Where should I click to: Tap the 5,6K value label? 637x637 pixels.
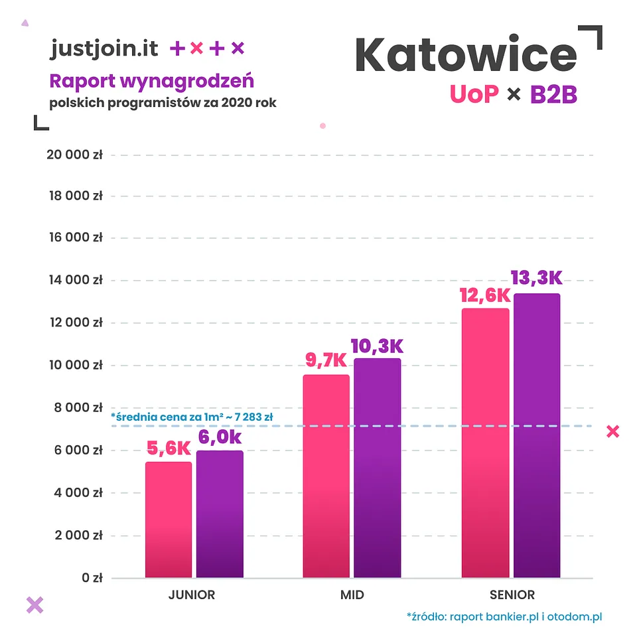[x=169, y=449]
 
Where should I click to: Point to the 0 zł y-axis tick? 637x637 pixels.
[x=92, y=578]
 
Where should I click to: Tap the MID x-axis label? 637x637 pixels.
[x=352, y=595]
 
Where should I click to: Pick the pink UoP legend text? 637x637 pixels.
[x=474, y=94]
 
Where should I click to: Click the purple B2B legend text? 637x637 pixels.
[x=553, y=94]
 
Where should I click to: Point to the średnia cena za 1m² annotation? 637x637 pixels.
[x=197, y=417]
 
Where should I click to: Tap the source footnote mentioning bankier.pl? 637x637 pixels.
[x=504, y=617]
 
